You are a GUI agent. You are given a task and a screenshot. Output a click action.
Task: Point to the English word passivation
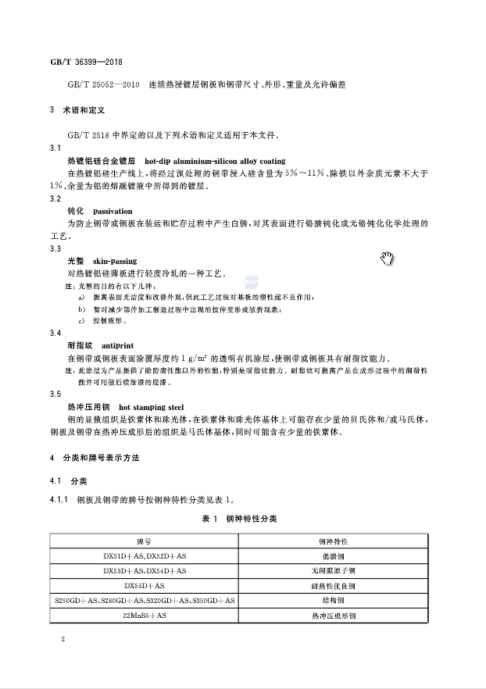[113, 211]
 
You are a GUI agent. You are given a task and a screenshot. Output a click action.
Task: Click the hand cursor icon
[388, 259]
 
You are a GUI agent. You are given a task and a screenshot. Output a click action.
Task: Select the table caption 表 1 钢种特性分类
[239, 518]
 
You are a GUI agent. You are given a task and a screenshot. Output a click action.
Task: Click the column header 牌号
[145, 541]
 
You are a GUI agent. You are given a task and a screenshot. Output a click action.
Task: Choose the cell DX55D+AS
[145, 585]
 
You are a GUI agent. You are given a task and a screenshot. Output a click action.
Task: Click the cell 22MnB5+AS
[145, 616]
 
